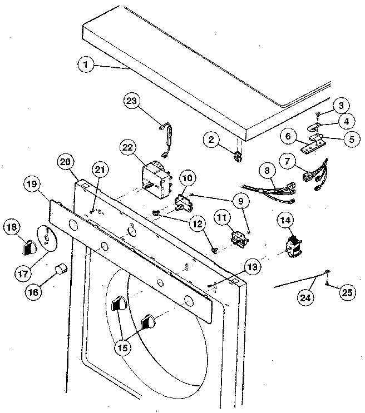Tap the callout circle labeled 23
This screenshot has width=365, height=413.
(x=131, y=101)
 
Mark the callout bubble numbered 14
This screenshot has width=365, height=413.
(x=286, y=221)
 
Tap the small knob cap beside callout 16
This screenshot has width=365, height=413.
(x=60, y=271)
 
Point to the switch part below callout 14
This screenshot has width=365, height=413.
(x=293, y=246)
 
